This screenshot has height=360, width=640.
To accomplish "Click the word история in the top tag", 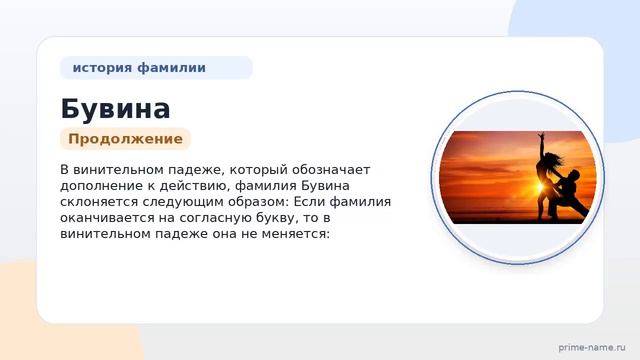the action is point(102,68).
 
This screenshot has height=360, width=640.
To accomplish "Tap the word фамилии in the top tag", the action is point(171,67).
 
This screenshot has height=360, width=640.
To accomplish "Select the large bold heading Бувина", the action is point(116,109).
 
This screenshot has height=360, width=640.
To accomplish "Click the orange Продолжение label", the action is point(125,139).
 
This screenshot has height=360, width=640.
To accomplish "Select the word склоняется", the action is point(99,202).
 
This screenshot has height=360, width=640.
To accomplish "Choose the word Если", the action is point(309,202).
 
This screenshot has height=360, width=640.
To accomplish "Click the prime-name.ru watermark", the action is point(592,348).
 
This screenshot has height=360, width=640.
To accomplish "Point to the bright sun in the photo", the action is point(539,187).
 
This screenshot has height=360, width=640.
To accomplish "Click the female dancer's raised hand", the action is point(541,135).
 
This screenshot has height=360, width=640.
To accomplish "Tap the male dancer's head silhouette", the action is point(574,174).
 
